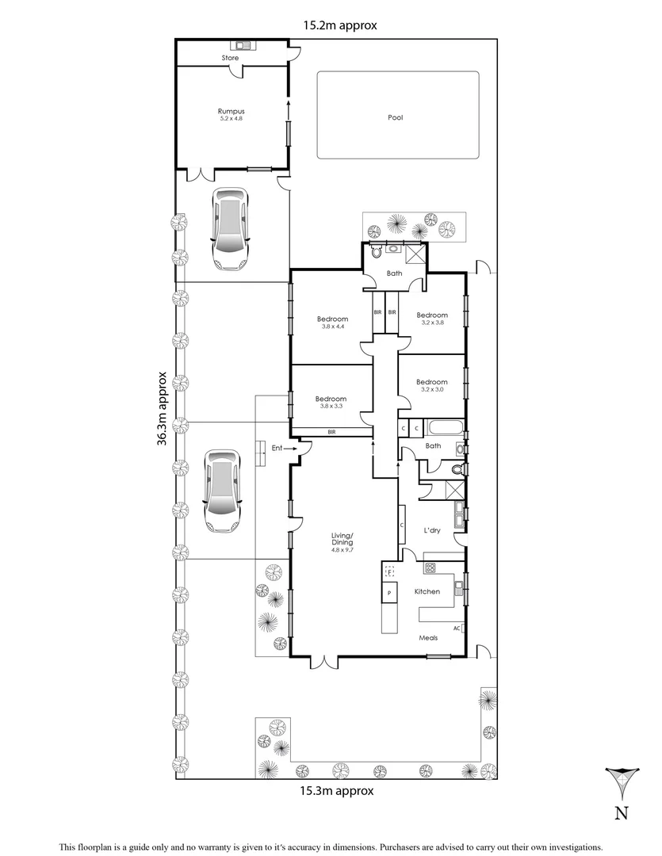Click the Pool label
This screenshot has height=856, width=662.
395,117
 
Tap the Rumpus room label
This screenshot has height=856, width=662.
230,111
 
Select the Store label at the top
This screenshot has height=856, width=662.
230,58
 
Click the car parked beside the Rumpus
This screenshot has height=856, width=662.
228,229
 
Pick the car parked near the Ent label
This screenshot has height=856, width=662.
221,491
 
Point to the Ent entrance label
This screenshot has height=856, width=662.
277,449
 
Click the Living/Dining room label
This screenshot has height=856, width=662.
343,540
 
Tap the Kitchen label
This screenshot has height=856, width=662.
427,591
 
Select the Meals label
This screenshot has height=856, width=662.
428,636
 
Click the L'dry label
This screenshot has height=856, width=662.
432,530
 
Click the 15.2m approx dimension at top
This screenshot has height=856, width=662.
340,25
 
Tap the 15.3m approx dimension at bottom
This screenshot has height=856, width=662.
336,790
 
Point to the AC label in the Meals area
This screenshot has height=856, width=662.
457,628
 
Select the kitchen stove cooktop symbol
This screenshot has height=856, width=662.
431,567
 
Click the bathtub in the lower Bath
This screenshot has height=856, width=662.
442,429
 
